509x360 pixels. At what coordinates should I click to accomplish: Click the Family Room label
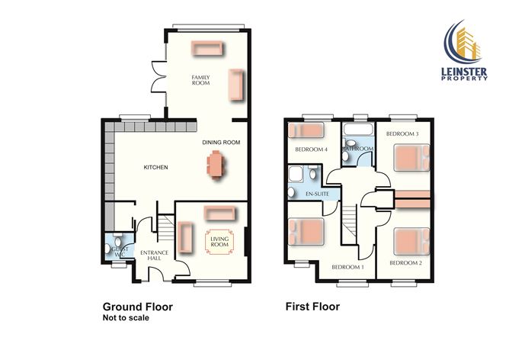click(x=201, y=80)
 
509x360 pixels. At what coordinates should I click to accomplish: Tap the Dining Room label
click(x=221, y=143)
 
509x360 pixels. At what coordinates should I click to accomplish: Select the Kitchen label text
click(x=156, y=168)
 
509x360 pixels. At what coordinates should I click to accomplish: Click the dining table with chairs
click(x=216, y=164)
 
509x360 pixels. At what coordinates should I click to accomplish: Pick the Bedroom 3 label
click(x=402, y=134)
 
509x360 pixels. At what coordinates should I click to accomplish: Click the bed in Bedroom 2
click(x=410, y=243)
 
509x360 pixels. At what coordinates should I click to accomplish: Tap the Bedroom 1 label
click(x=347, y=267)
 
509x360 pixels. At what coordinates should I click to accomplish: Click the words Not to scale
click(x=126, y=318)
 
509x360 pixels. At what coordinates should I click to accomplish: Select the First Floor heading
click(x=312, y=307)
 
